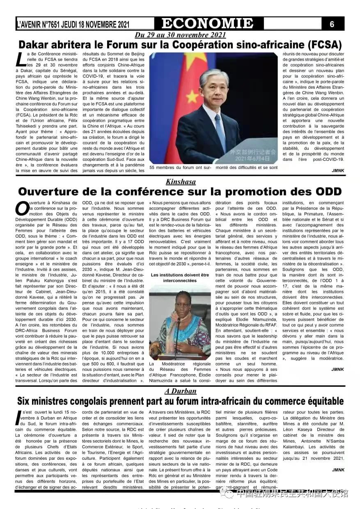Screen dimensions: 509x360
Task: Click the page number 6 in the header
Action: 332,24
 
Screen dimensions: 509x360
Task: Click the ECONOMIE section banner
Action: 207,23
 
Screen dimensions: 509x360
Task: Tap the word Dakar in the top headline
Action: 36,44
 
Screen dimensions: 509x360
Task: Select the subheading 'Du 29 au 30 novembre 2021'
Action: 180,35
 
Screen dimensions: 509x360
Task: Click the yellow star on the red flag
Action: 191,96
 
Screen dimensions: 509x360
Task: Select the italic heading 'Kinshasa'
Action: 181,182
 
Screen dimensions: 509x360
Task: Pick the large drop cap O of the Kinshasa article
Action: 22,208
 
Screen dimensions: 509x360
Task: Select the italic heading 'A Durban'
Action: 180,391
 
